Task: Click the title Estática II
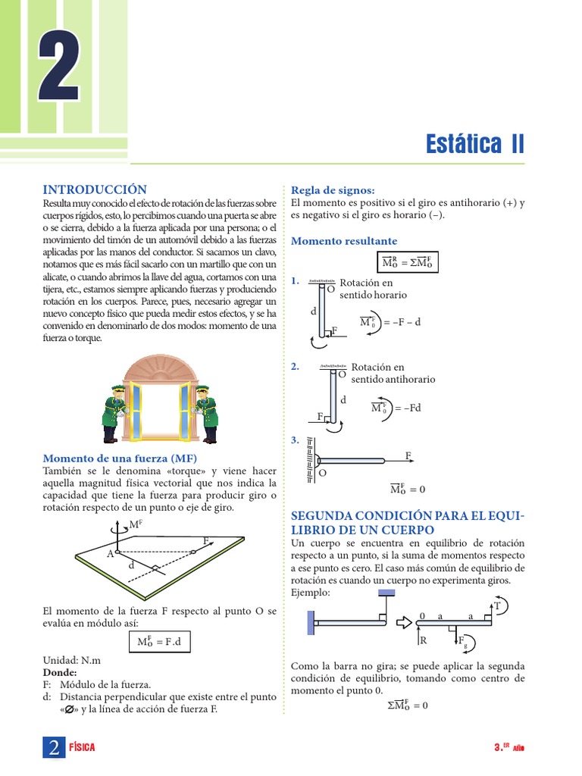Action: click(474, 144)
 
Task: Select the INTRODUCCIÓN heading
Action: click(94, 189)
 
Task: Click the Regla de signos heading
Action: click(333, 189)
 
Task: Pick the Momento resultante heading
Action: click(344, 241)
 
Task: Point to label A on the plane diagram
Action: click(110, 554)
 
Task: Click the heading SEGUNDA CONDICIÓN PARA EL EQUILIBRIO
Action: click(408, 523)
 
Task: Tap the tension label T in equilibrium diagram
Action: click(497, 606)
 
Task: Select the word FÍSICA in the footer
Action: click(82, 748)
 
